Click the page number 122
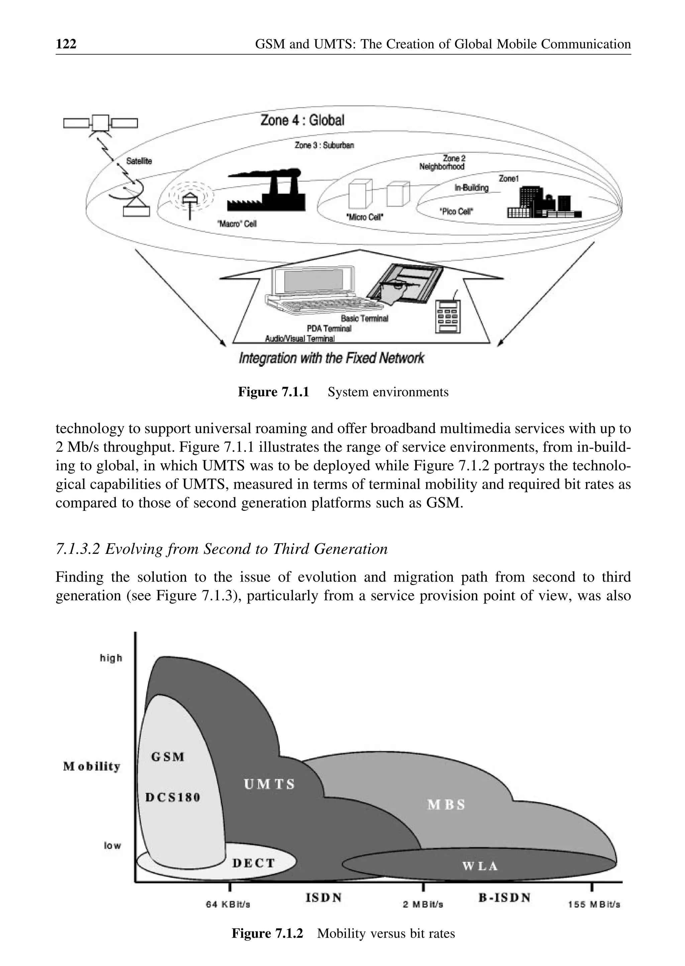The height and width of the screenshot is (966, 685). pos(66,44)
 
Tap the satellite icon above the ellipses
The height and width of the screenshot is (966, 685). pos(100,123)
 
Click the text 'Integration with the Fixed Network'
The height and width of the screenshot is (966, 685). pos(331,359)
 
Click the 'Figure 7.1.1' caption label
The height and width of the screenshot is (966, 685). pos(273,392)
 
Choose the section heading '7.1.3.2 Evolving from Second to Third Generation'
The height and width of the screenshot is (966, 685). pos(221,549)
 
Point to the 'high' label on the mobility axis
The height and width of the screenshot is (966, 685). pos(111,658)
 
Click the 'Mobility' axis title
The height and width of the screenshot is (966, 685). pos(92,766)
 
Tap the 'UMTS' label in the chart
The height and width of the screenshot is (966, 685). pos(269,784)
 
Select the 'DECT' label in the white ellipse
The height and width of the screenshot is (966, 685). pos(254,863)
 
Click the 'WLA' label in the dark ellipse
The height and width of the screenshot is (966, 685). pos(480,866)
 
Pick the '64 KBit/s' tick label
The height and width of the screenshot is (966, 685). pos(228,904)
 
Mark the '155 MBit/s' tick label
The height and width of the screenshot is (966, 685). pos(594,904)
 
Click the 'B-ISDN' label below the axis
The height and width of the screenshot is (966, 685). pos(504,897)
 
